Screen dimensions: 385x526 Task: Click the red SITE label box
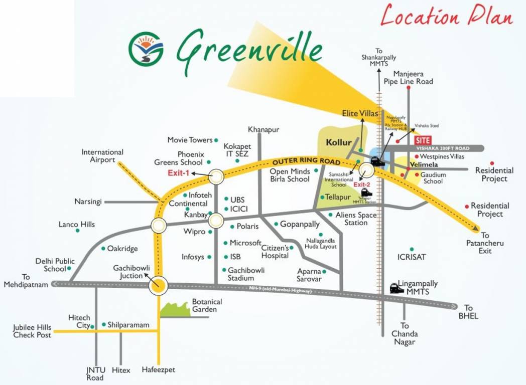tap(423, 140)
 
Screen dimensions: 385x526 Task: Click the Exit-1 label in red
tap(178, 173)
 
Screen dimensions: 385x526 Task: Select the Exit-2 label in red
tap(362, 184)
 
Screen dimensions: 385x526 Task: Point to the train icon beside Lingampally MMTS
tap(397, 288)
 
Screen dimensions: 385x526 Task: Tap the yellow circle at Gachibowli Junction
tap(159, 286)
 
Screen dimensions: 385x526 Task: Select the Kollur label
tap(339, 142)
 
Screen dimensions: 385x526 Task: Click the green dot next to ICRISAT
tap(412, 249)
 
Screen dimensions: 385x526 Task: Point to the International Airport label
tap(102, 156)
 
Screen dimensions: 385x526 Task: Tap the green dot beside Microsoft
tap(225, 243)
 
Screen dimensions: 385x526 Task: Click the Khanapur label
tap(264, 130)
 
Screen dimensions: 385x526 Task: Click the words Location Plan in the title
tap(446, 16)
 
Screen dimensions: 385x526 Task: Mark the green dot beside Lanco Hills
tap(77, 231)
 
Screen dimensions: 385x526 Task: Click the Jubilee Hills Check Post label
tap(32, 331)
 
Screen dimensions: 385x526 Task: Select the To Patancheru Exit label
tap(485, 243)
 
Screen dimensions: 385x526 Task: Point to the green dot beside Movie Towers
tap(216, 140)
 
